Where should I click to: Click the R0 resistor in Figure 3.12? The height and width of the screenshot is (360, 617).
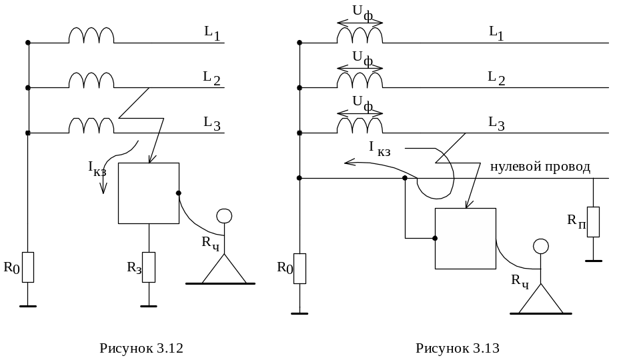pyautogui.click(x=27, y=267)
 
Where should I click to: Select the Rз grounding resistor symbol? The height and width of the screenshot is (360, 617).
pyautogui.click(x=149, y=267)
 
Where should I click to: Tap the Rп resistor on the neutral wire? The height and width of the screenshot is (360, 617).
pyautogui.click(x=594, y=222)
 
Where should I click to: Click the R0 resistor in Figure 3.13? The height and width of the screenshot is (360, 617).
pyautogui.click(x=299, y=268)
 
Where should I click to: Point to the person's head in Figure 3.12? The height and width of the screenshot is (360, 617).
pyautogui.click(x=224, y=216)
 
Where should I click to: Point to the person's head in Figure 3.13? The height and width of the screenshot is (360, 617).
pyautogui.click(x=541, y=246)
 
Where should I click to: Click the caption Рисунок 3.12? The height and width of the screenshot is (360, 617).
pyautogui.click(x=141, y=348)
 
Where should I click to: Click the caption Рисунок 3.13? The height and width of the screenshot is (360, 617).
pyautogui.click(x=457, y=348)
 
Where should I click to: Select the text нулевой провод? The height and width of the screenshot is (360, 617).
pyautogui.click(x=540, y=167)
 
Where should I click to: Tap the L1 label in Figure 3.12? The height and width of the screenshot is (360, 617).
pyautogui.click(x=212, y=33)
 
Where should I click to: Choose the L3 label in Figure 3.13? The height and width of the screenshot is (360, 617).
pyautogui.click(x=496, y=123)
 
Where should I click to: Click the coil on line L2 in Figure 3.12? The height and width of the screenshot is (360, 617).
pyautogui.click(x=91, y=80)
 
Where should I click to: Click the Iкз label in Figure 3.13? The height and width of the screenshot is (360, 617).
pyautogui.click(x=380, y=149)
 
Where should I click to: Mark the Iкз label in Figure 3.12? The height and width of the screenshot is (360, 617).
pyautogui.click(x=97, y=169)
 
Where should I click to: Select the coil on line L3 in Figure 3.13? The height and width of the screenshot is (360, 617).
pyautogui.click(x=360, y=125)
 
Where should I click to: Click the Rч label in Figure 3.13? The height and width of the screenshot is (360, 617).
pyautogui.click(x=520, y=281)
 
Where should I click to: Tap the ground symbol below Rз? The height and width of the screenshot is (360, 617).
pyautogui.click(x=149, y=306)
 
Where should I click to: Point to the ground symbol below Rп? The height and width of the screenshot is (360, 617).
pyautogui.click(x=594, y=261)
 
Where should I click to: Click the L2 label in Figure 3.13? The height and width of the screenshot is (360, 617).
pyautogui.click(x=496, y=78)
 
